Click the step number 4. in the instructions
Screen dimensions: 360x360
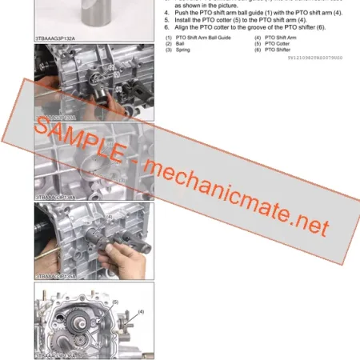166,14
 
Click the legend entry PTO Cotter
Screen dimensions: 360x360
281,44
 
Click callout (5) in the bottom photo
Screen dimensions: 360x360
114,303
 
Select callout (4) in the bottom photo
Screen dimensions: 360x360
140,311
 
